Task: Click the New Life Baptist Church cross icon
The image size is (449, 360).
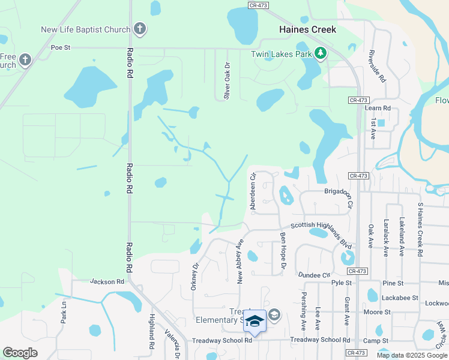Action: click(x=139, y=29)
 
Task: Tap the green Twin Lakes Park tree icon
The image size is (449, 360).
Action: click(x=321, y=54)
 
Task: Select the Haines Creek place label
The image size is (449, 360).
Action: click(x=307, y=29)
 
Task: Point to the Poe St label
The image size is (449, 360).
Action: click(x=61, y=47)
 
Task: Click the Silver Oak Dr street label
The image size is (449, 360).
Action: click(x=227, y=81)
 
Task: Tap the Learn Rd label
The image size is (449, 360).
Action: click(x=378, y=109)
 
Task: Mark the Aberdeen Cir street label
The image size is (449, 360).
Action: click(x=253, y=191)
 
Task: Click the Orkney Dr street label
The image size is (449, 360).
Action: click(x=194, y=275)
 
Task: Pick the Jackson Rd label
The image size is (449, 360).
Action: click(x=107, y=281)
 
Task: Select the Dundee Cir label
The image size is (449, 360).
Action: click(x=315, y=275)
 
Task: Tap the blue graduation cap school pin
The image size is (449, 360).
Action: click(x=255, y=322)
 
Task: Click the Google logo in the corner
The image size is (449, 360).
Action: click(x=20, y=353)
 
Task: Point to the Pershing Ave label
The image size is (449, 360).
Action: click(x=303, y=311)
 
